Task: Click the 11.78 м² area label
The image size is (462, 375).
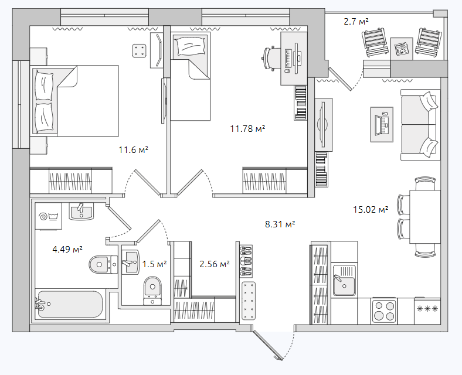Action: tap(247, 129)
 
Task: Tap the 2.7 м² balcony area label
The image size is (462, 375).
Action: tap(356, 22)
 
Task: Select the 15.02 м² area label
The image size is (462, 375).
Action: tap(371, 210)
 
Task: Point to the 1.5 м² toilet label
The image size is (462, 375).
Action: tap(155, 264)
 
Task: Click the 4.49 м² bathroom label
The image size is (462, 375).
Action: tap(67, 250)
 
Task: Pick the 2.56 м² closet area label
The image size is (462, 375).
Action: tap(215, 264)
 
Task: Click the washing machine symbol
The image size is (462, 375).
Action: tap(48, 216)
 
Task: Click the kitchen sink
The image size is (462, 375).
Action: tap(344, 280)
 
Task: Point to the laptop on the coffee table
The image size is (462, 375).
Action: tap(382, 124)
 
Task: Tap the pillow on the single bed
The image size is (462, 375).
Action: tap(190, 46)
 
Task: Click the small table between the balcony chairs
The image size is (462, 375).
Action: tap(401, 49)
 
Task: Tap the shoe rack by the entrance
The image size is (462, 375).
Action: tap(246, 261)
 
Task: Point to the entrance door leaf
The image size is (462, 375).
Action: tap(268, 345)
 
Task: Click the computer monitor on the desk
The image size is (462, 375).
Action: tap(298, 58)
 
